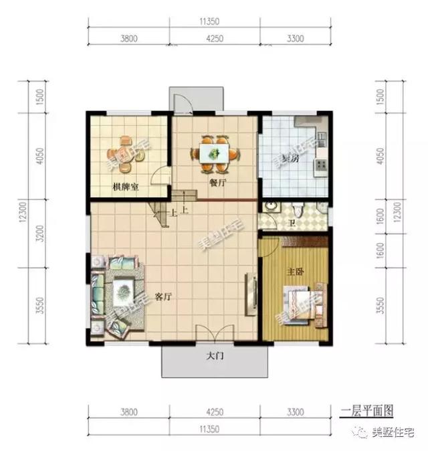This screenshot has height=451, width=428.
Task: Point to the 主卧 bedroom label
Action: coord(296,273)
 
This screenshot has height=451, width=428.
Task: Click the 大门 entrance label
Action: coord(215,357)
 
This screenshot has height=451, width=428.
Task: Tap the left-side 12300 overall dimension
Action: coord(21,215)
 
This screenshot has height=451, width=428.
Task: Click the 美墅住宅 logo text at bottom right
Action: coord(392,433)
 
